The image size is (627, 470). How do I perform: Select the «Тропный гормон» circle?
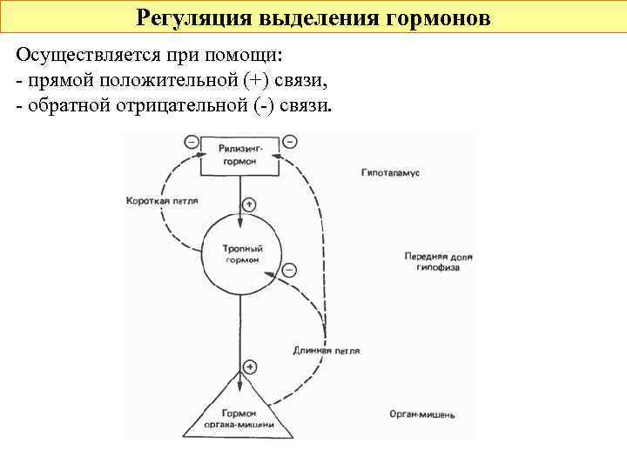tap(243, 253)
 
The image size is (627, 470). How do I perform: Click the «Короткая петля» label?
tap(162, 201)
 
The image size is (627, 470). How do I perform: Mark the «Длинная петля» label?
tap(327, 351)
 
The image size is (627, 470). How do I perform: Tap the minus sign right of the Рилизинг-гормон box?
tap(290, 141)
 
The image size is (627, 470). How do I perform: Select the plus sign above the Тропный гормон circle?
tap(249, 205)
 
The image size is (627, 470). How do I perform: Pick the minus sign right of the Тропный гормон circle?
tap(290, 270)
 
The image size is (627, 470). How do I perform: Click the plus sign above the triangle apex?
tap(251, 367)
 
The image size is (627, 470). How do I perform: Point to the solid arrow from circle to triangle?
tap(239, 331)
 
